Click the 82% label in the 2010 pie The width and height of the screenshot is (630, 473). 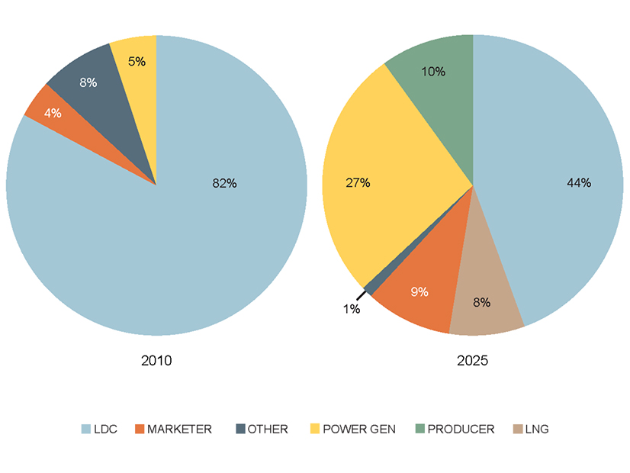click(224, 183)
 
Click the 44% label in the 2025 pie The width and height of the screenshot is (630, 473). click(579, 182)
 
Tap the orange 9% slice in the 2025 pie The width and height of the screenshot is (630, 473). click(419, 291)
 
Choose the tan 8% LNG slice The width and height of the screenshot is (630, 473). click(481, 302)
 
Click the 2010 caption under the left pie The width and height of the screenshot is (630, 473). click(156, 360)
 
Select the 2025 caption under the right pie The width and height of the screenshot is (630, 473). click(474, 360)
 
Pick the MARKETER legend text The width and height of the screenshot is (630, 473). click(180, 430)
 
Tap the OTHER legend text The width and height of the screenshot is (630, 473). click(268, 430)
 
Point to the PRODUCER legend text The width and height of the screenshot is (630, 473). click(461, 430)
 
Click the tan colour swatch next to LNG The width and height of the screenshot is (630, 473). click(516, 430)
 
